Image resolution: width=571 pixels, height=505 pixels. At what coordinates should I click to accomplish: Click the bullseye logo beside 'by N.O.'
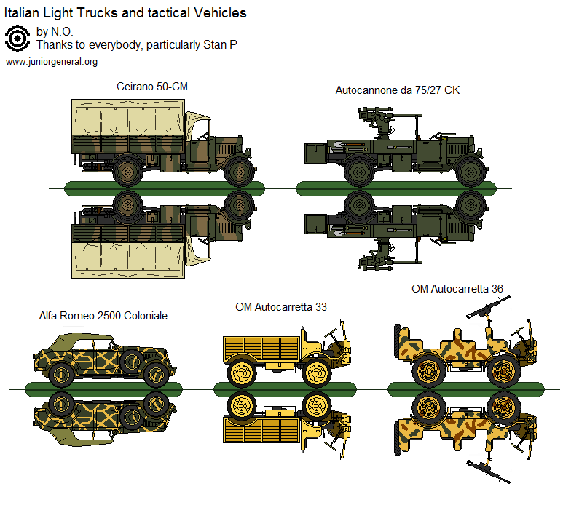pos(17,39)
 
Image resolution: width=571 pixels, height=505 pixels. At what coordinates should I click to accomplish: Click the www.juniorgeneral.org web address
pos(52,62)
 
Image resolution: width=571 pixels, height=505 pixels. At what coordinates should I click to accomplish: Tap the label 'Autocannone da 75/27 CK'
pos(397,90)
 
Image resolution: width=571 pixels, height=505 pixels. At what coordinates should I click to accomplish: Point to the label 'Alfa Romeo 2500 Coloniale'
pos(103,316)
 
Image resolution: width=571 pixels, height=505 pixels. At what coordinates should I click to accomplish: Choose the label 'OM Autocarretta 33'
pos(280,306)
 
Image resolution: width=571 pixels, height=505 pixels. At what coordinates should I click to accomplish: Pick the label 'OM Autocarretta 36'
pos(457,288)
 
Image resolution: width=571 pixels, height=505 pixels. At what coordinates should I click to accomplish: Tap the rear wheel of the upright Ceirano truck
pos(128,172)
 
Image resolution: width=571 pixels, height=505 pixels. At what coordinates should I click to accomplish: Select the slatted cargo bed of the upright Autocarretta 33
pos(259,347)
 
